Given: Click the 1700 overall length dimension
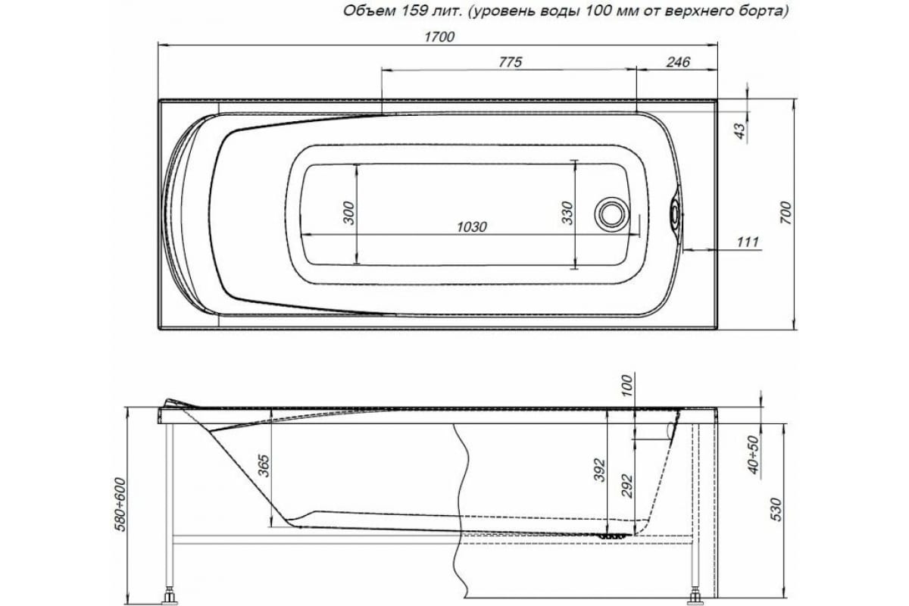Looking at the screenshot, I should (x=439, y=38).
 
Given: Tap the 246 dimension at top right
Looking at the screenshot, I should (x=677, y=62).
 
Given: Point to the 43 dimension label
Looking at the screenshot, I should (x=741, y=130).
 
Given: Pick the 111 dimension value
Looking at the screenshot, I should (x=747, y=241).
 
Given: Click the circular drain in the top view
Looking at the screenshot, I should (x=611, y=213).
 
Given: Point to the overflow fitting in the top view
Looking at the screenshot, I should (x=673, y=214).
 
